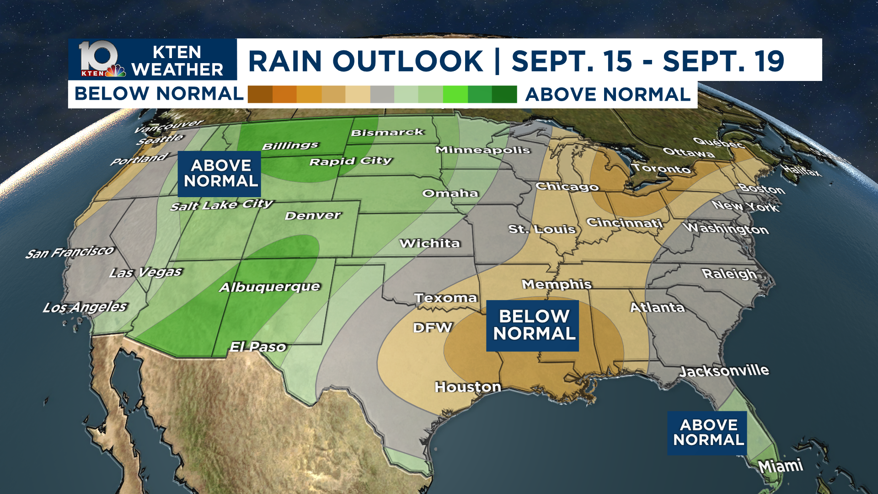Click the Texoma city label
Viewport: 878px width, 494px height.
(x=445, y=298)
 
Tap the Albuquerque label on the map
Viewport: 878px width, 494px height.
(x=270, y=287)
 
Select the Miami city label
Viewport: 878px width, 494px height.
(x=780, y=466)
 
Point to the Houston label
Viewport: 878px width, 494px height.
(x=467, y=387)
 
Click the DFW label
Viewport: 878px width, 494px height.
(x=432, y=328)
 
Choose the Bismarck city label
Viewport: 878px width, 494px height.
(x=387, y=133)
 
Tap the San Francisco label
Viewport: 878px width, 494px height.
(x=70, y=252)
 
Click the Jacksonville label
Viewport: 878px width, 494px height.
(x=724, y=370)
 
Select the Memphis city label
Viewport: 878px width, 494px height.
(x=557, y=285)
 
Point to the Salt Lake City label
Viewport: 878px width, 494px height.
(x=221, y=205)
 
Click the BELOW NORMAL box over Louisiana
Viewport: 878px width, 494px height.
(x=532, y=325)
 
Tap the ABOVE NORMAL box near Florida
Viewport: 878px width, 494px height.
(x=707, y=433)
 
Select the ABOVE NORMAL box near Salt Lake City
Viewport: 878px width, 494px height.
(x=219, y=173)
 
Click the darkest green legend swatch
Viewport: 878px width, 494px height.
(x=504, y=94)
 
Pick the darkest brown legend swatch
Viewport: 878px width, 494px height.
(x=260, y=94)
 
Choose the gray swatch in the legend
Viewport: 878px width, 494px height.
(x=382, y=94)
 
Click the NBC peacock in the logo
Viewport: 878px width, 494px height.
(x=116, y=71)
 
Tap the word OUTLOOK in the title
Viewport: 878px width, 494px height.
(x=407, y=61)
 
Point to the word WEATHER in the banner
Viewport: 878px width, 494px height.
(x=177, y=70)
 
